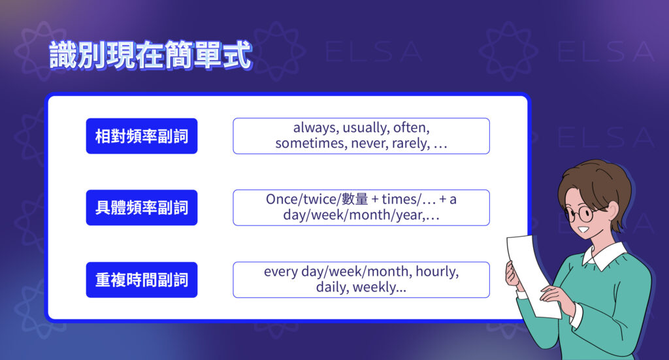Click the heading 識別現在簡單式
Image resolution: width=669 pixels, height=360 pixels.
(150, 57)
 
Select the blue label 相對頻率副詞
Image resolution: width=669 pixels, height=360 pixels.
(141, 136)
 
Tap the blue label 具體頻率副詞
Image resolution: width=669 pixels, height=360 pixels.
(141, 208)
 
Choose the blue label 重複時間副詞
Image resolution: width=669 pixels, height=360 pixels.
(141, 280)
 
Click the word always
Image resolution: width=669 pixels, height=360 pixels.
(314, 128)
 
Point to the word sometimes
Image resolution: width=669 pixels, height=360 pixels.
(305, 144)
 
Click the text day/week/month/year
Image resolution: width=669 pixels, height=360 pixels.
(353, 216)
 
